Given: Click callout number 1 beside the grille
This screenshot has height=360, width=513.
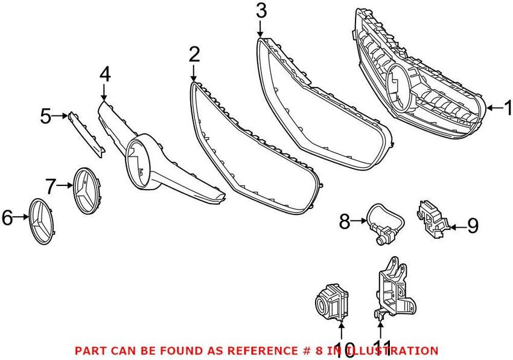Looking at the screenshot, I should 507,108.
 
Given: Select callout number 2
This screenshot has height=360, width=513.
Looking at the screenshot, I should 193,56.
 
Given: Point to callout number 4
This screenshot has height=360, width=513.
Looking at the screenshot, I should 105,75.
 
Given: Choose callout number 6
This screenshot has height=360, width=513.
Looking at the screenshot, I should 7,217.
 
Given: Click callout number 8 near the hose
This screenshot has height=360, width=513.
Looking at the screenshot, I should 345,222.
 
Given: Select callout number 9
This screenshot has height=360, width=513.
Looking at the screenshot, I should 472,227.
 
